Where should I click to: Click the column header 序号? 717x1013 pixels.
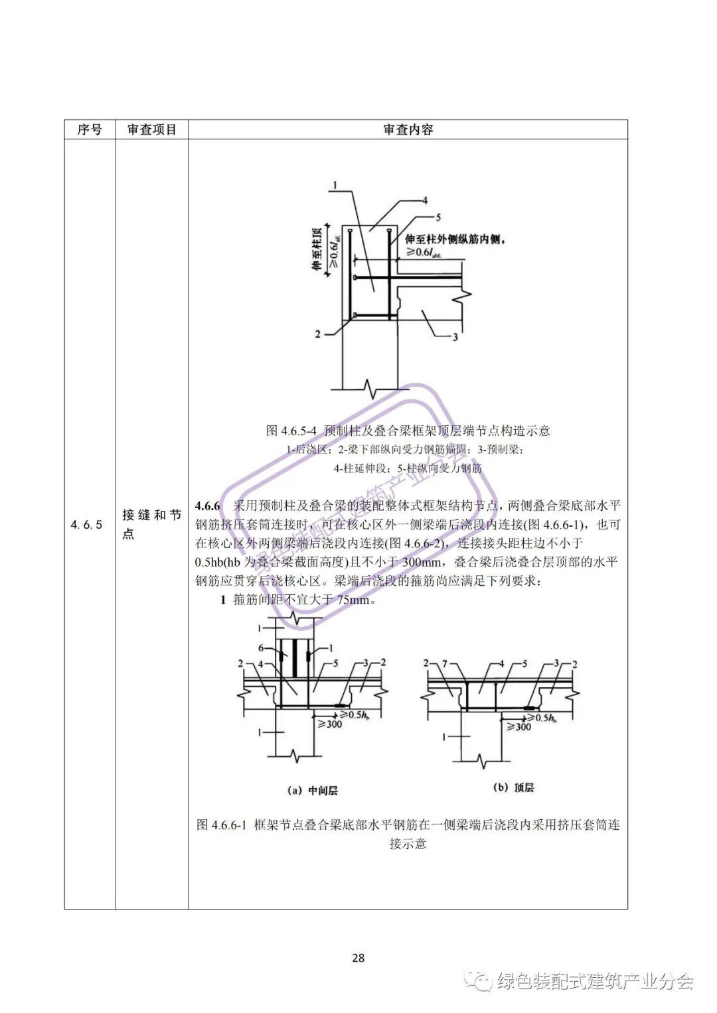point(90,129)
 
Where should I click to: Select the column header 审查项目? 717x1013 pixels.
point(152,129)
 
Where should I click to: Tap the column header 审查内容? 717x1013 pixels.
point(408,129)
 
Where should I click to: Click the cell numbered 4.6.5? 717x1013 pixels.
point(87,525)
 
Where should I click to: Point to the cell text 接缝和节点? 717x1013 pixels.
point(151,524)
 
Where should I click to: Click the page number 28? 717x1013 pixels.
point(358,958)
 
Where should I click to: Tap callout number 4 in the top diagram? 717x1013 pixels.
point(425,200)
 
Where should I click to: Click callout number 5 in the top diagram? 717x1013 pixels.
point(438,217)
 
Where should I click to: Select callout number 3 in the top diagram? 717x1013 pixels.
point(455,337)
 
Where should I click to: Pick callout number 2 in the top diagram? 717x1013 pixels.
point(317,334)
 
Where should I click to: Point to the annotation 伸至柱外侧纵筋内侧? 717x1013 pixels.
point(453,239)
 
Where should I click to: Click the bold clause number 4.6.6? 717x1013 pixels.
point(207,506)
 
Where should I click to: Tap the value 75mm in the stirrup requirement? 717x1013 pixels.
point(353,600)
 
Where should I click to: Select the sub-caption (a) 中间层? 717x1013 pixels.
point(312,790)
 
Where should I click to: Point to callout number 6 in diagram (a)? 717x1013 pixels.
point(261,649)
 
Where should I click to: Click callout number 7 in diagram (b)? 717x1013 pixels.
point(445,663)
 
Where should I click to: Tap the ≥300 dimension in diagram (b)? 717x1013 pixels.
point(518,727)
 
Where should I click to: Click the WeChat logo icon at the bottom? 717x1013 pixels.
point(478,980)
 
